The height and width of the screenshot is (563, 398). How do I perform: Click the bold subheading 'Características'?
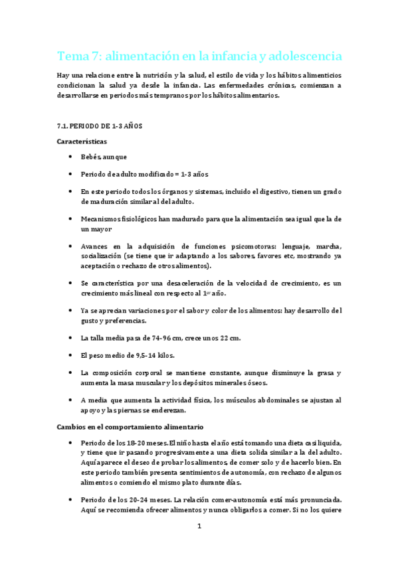(83, 141)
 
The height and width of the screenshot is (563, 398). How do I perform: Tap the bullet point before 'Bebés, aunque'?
(71, 157)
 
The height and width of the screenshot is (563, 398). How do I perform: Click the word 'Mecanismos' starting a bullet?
(102, 218)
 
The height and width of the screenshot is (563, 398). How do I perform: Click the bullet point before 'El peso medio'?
(71, 356)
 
